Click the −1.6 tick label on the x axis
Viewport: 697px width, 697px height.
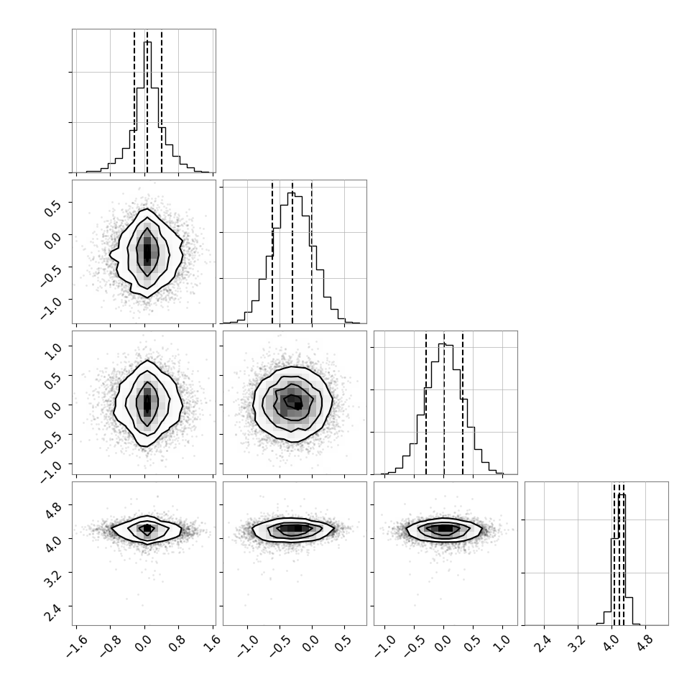pos(75,644)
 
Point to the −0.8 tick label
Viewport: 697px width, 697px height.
pos(109,644)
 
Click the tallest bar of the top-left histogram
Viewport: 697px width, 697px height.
pos(147,106)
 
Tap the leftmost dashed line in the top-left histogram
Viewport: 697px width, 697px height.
pos(134,101)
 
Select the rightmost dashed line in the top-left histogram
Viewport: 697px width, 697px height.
pos(162,101)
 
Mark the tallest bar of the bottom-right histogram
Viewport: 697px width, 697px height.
pos(622,560)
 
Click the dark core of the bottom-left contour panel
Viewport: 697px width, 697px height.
pos(147,529)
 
